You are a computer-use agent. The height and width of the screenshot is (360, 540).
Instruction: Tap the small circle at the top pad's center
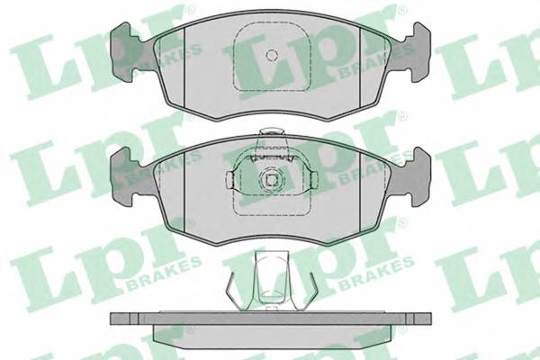[272, 55]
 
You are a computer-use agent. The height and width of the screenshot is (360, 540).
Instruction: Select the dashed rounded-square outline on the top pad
[272, 56]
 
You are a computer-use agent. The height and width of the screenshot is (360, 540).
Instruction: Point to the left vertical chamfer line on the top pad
[184, 67]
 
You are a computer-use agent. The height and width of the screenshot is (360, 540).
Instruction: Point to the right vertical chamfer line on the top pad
[359, 67]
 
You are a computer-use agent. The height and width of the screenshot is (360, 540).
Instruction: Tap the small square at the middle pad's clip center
[272, 179]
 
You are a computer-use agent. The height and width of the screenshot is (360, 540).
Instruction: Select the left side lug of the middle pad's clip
[230, 180]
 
